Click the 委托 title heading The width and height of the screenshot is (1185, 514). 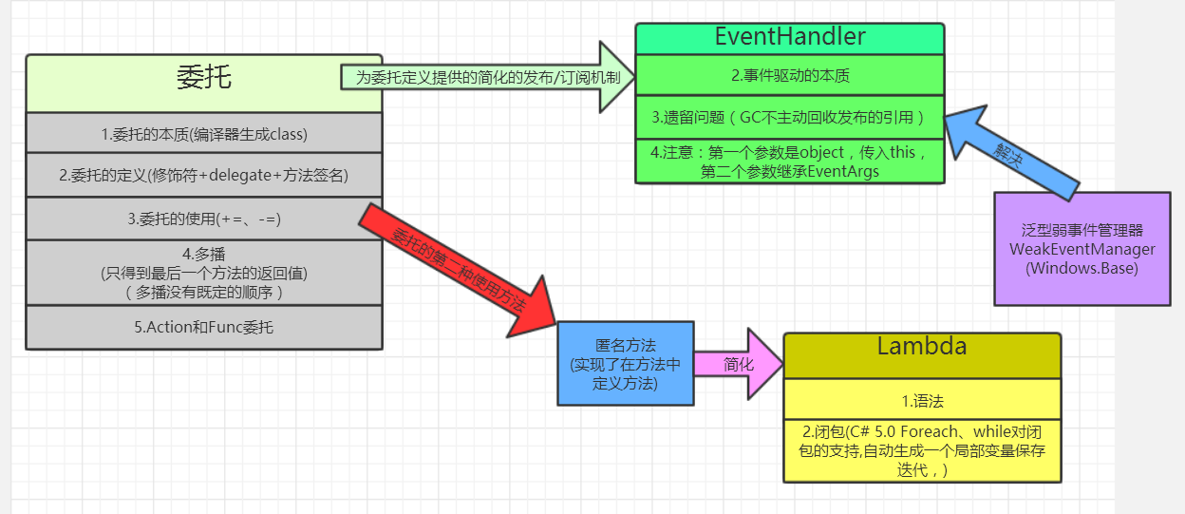tap(203, 79)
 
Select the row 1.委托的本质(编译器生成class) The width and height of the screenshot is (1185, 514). tap(203, 134)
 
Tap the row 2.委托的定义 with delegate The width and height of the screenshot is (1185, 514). tap(203, 175)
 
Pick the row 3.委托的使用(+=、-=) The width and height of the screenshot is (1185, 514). tap(203, 219)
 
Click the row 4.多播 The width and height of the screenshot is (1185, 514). tap(203, 273)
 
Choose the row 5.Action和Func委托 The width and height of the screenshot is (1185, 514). tap(203, 328)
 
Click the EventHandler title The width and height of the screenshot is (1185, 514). tap(789, 38)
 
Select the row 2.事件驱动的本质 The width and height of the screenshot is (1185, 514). tap(789, 74)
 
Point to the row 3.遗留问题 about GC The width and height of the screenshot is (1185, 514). tap(789, 118)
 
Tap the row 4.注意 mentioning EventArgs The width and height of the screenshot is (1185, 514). tap(789, 162)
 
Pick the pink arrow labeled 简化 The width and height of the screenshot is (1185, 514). tap(740, 364)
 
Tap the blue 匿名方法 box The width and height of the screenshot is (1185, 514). tap(625, 364)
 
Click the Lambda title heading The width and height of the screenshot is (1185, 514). tap(921, 348)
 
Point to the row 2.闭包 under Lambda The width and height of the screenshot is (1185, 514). tap(921, 449)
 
